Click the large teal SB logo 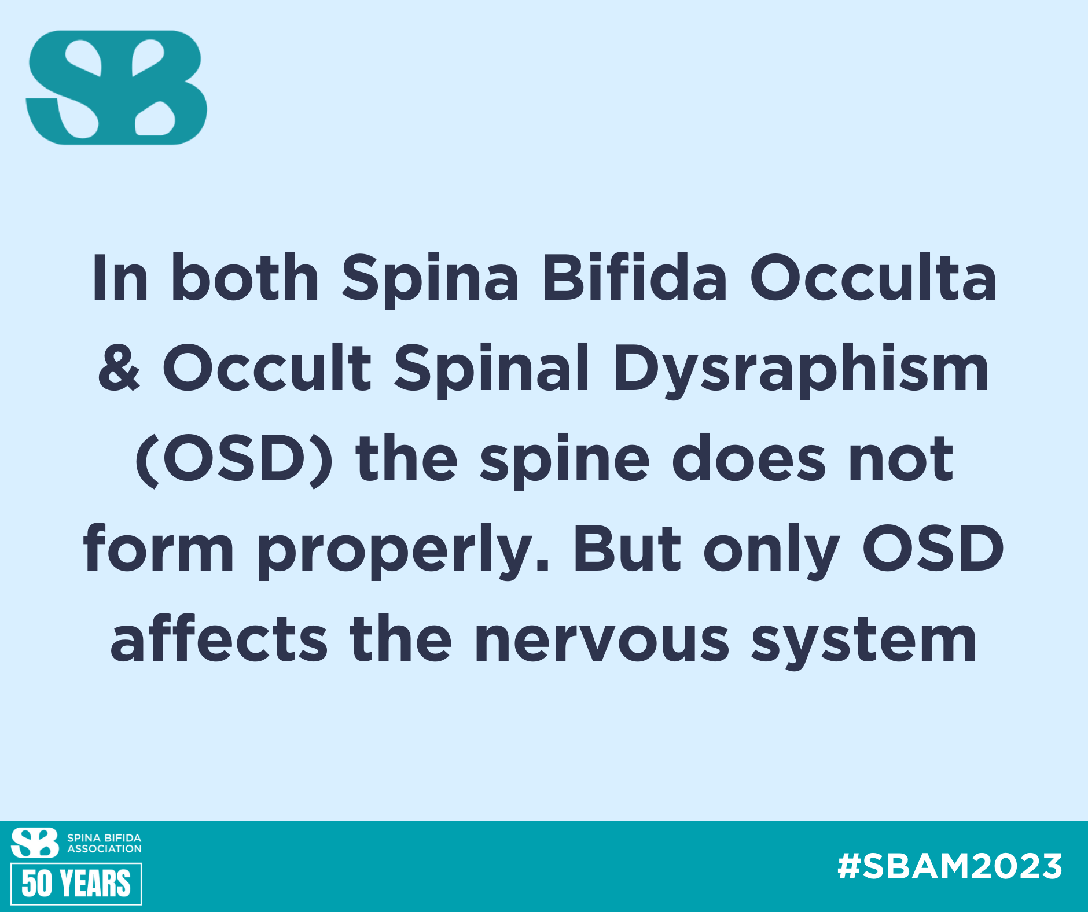(116, 87)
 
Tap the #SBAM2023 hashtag (950, 866)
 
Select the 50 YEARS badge (76, 884)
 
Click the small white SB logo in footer (35, 843)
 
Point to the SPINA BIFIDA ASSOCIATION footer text (104, 843)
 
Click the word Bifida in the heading (634, 278)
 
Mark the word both (245, 278)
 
